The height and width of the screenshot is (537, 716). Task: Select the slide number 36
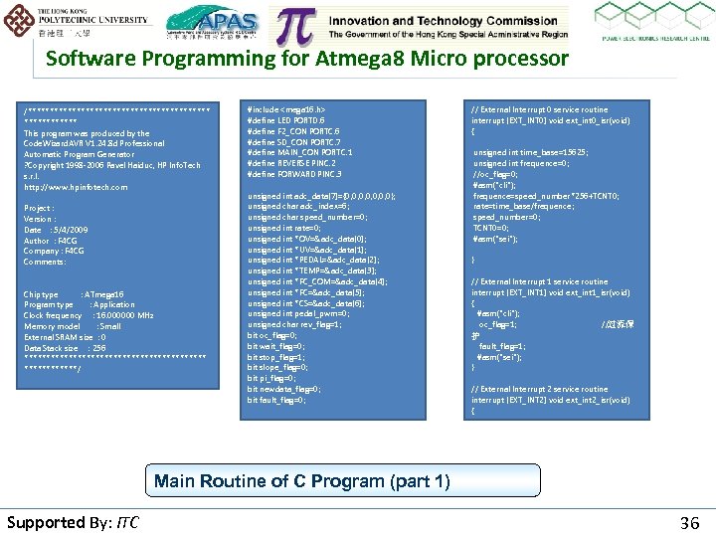689,522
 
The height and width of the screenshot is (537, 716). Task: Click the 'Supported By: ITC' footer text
73,522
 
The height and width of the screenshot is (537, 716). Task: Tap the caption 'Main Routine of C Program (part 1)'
301,481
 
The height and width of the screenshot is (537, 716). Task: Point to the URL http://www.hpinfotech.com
76,187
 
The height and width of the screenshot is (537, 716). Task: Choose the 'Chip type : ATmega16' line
74,294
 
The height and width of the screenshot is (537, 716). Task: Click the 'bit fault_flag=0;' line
276,400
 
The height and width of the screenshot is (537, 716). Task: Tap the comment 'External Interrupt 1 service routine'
538,282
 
